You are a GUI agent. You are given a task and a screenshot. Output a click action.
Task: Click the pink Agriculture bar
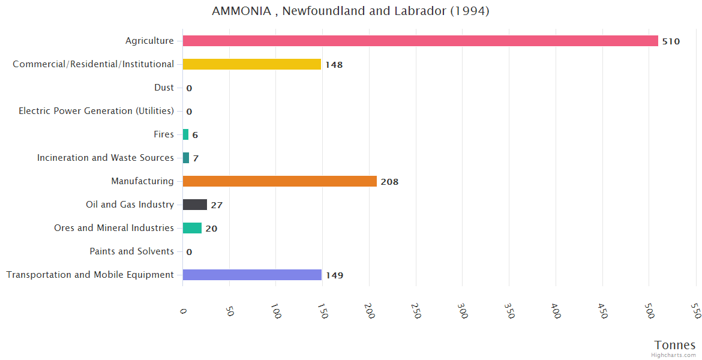(420, 41)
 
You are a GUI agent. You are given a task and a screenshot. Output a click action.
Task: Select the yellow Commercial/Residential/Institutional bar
(252, 64)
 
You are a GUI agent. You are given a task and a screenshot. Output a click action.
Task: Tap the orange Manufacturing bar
(280, 181)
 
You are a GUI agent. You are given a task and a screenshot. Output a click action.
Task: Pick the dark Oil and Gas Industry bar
(195, 205)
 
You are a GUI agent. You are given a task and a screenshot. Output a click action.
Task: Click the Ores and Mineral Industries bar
(192, 228)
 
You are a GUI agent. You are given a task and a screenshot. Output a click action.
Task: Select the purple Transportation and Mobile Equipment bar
(252, 275)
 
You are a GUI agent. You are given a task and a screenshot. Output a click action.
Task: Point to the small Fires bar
(185, 134)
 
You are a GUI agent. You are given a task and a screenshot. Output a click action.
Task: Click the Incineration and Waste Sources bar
(186, 158)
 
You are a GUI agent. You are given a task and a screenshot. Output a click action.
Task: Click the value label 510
(671, 41)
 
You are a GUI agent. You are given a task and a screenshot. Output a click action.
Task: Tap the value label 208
(389, 182)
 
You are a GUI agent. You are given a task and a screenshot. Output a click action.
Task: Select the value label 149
(334, 275)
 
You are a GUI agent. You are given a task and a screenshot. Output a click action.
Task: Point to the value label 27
(217, 205)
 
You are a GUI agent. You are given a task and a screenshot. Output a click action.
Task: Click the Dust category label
(164, 88)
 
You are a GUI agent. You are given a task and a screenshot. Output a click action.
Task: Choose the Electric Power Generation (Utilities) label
(96, 111)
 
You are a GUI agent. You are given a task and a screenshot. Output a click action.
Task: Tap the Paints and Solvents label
(131, 251)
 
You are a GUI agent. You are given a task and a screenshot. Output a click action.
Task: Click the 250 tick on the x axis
(416, 310)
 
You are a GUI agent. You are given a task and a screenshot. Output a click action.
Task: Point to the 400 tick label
(556, 310)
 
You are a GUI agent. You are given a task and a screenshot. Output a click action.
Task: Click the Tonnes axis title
(674, 345)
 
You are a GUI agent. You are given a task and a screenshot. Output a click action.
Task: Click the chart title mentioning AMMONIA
(350, 11)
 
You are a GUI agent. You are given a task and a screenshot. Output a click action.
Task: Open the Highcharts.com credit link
(673, 355)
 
